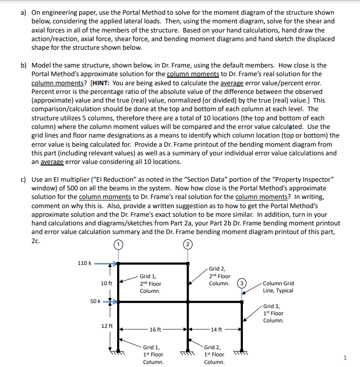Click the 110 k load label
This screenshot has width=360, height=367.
(84, 263)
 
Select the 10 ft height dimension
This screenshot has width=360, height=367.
(106, 283)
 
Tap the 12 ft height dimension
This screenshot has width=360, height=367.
(106, 325)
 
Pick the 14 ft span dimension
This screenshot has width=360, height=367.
(215, 329)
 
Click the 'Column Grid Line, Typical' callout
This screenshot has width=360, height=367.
(278, 287)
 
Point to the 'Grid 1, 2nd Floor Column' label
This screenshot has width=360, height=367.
(151, 284)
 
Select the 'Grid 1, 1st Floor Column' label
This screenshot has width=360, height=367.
(153, 354)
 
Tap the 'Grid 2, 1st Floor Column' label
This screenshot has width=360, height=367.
(214, 354)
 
